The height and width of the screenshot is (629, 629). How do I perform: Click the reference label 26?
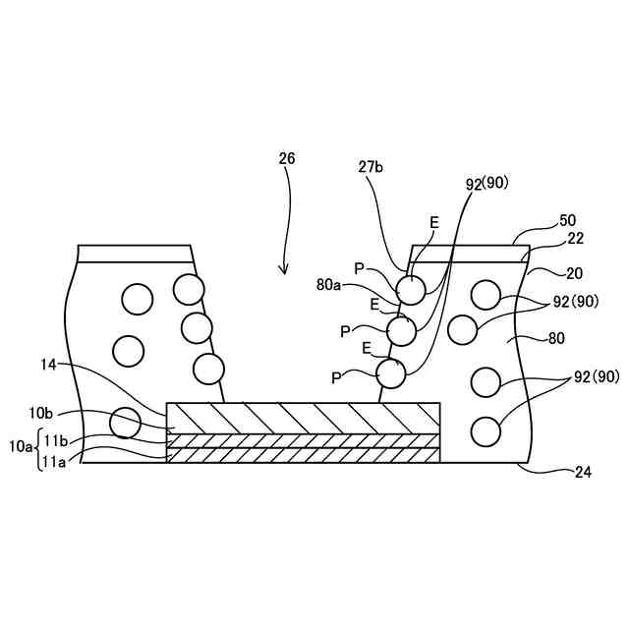[286, 158]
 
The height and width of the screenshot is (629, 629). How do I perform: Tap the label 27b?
[371, 167]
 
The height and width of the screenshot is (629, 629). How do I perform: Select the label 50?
[568, 220]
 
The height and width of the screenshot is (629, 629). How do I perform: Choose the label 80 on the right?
[556, 339]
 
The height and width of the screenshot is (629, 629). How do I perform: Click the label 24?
[585, 472]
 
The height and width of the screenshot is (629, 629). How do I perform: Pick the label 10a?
[21, 446]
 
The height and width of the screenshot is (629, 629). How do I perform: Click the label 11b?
[55, 438]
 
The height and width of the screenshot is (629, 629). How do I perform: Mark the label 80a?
[329, 285]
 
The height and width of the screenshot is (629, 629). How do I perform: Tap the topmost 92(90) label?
[486, 183]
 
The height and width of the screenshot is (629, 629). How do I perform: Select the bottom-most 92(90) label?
[597, 376]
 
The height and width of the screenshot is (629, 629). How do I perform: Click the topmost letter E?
[433, 223]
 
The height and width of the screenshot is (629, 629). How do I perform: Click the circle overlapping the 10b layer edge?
[125, 422]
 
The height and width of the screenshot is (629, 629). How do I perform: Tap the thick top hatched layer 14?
[304, 418]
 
